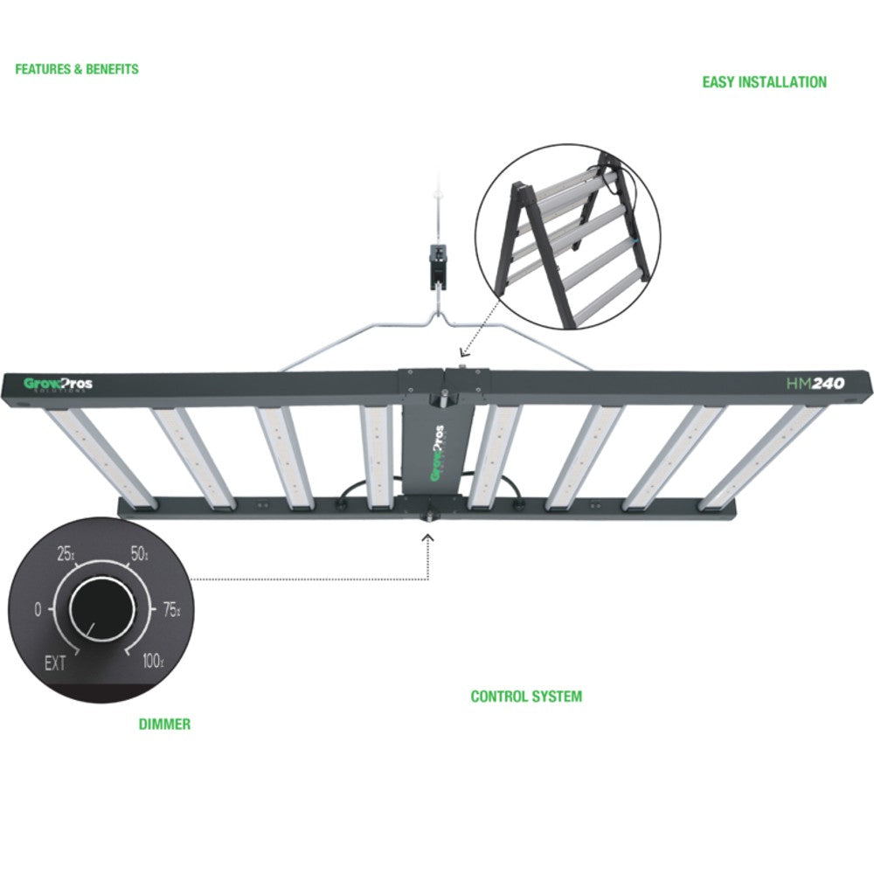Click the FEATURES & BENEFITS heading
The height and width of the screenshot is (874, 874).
coord(77,69)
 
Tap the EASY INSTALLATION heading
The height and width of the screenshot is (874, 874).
coord(764,82)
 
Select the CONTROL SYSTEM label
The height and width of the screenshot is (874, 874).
coord(526,697)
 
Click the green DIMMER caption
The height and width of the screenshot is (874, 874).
coord(164,724)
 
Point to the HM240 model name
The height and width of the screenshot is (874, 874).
coord(809,383)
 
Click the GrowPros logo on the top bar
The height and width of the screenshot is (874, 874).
coord(58,384)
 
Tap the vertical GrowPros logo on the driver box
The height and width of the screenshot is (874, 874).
coord(438,451)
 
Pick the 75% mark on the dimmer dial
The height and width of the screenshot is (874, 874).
coord(170,610)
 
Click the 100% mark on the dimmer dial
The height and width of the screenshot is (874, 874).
coord(152,662)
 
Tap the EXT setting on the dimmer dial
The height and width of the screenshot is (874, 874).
coord(55,663)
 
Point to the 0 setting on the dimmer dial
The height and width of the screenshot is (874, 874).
coord(38,610)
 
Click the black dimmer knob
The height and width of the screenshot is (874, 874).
coord(101,609)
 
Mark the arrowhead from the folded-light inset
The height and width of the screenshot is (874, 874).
coord(463,353)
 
